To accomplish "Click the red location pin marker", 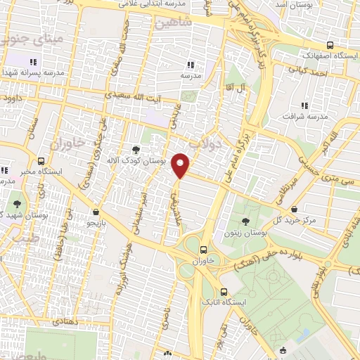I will (x=181, y=165).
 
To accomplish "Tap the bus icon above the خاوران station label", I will (x=203, y=249).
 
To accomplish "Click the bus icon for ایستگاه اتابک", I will (x=224, y=292).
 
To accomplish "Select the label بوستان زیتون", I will (x=243, y=232).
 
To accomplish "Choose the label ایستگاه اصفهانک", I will (x=323, y=55).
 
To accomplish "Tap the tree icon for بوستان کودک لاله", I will (x=135, y=150).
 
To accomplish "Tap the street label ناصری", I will (x=165, y=321).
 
